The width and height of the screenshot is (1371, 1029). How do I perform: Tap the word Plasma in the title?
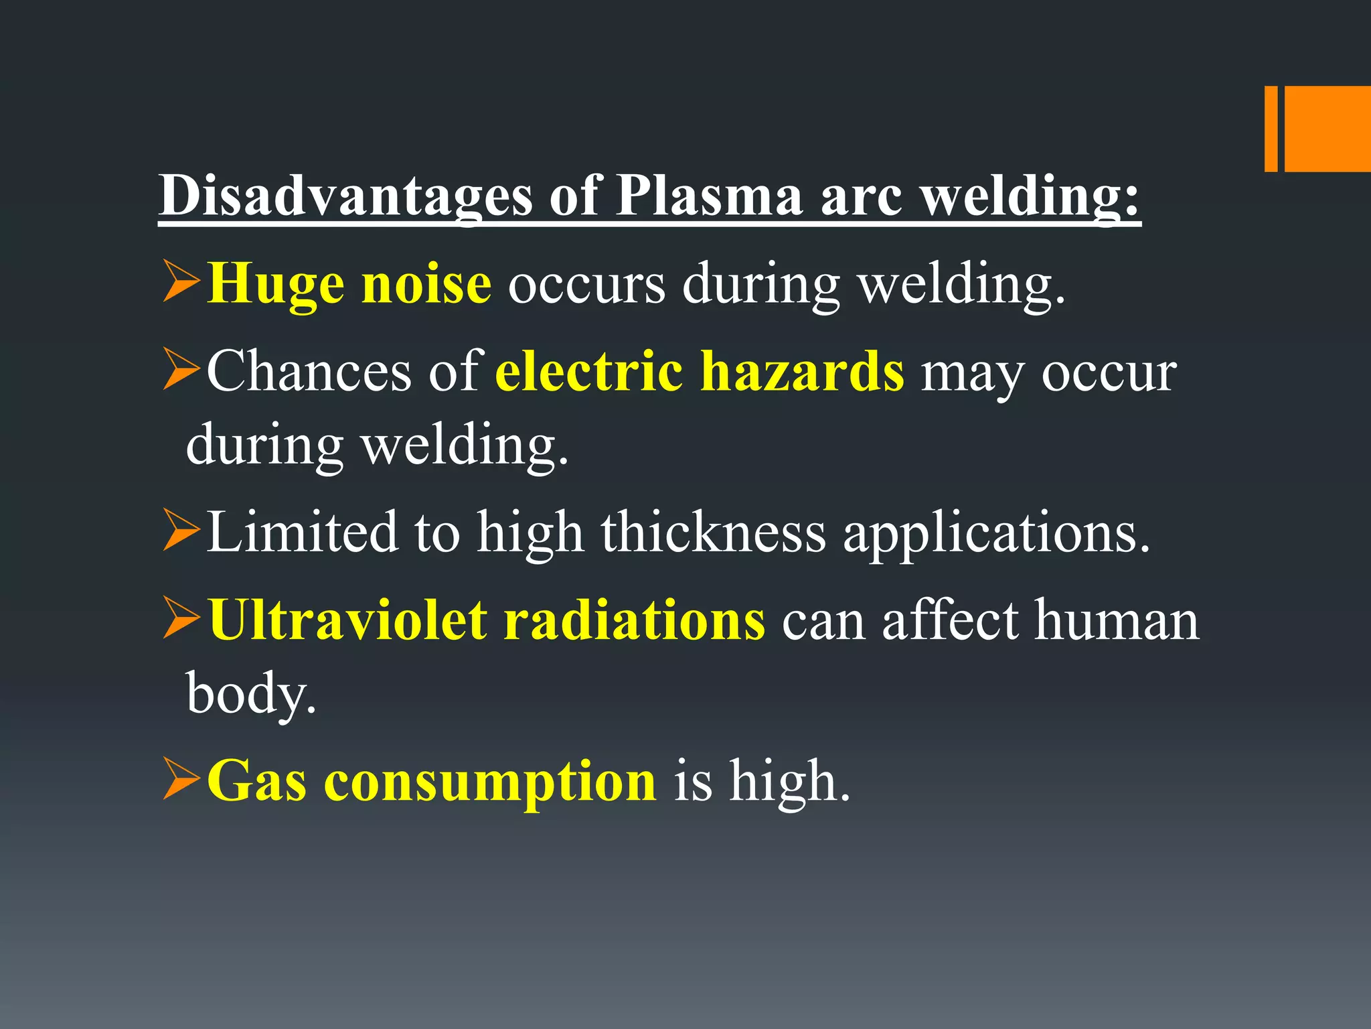[708, 196]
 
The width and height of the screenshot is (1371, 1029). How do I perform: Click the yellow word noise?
[426, 284]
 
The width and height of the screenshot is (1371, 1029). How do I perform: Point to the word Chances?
[309, 372]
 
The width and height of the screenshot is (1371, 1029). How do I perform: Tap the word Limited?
[301, 532]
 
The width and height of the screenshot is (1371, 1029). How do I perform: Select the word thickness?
[714, 532]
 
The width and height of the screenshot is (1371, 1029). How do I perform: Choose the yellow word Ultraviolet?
[347, 620]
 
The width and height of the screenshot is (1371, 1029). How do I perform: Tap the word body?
[250, 694]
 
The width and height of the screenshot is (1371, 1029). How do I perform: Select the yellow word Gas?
[256, 781]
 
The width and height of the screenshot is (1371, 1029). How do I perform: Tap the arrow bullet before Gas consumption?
[181, 780]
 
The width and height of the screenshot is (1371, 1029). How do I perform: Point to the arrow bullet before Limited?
[181, 531]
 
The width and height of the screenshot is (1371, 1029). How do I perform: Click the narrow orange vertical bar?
[1271, 129]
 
